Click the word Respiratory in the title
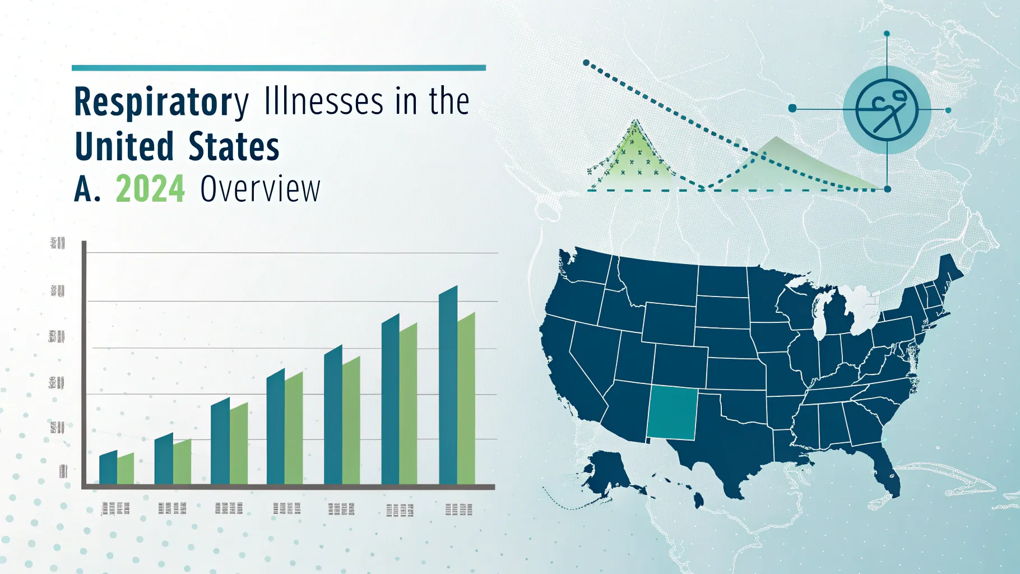(x=161, y=102)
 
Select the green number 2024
(x=150, y=189)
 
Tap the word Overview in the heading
(x=260, y=189)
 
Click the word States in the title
(x=234, y=146)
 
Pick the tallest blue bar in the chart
(x=448, y=387)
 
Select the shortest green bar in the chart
(x=126, y=469)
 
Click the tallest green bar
(x=466, y=399)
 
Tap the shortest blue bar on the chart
(x=108, y=467)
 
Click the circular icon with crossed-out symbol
(x=887, y=110)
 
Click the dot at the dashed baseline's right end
(x=887, y=189)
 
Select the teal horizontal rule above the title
(x=279, y=68)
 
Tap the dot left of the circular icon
(x=792, y=108)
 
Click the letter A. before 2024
(x=87, y=189)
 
